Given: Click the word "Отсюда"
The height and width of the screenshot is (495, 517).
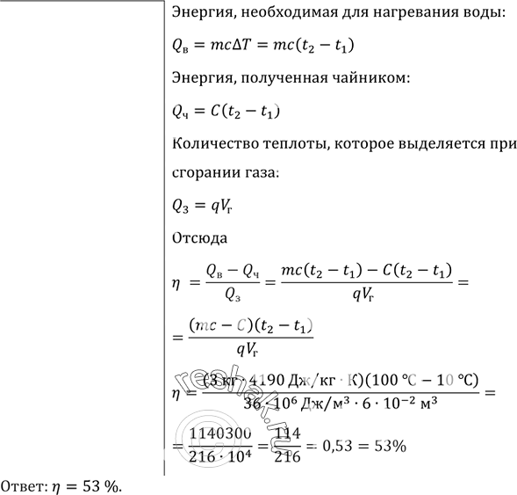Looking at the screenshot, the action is (201, 238).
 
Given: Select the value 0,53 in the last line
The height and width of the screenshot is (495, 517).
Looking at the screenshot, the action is (338, 446).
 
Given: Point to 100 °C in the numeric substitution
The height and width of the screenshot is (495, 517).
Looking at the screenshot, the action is (382, 379).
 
